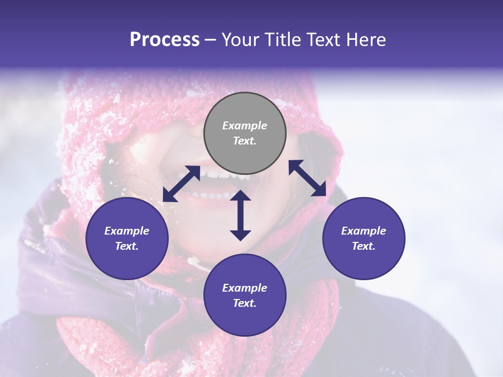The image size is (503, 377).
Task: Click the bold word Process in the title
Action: (165, 40)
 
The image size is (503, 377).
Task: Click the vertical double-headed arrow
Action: (240, 215)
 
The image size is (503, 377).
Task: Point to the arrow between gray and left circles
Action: (181, 184)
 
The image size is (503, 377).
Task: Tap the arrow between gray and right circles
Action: (308, 178)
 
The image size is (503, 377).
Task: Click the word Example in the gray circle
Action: (245, 126)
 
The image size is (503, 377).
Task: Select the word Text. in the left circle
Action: (127, 246)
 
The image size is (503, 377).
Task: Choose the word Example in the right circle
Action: (364, 231)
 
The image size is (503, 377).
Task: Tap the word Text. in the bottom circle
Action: (245, 303)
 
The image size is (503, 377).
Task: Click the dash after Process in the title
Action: (211, 40)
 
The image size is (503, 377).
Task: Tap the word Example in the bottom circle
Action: (245, 288)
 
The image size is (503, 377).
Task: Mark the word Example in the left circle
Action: (127, 231)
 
